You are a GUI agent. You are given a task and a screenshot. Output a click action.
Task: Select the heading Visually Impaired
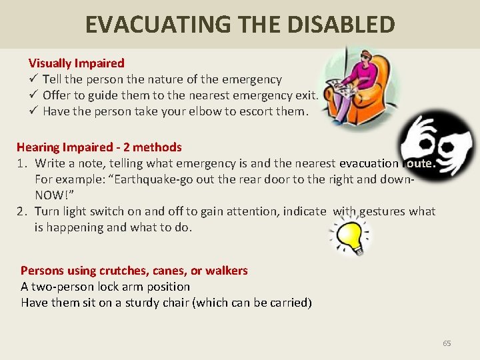click(x=76, y=63)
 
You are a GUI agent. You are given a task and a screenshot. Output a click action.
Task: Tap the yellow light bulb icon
click(x=351, y=237)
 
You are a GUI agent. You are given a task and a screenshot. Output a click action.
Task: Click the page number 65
click(x=447, y=343)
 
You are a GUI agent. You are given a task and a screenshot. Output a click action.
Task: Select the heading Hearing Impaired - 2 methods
click(x=99, y=147)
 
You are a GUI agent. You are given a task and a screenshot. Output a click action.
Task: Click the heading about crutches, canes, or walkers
click(x=134, y=271)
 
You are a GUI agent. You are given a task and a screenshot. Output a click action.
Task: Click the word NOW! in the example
click(x=51, y=195)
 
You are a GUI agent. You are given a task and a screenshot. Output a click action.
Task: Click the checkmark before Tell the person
click(x=33, y=79)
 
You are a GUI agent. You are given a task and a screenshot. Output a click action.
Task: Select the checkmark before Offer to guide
click(x=33, y=95)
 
